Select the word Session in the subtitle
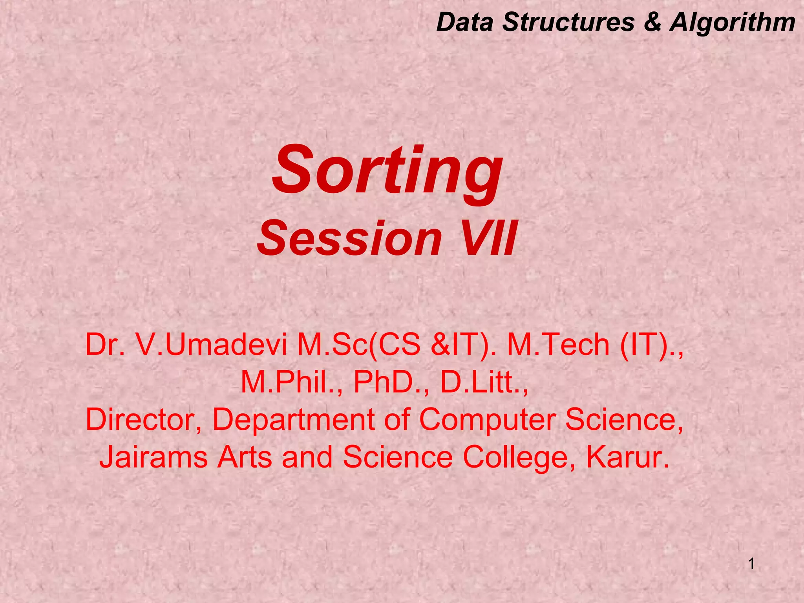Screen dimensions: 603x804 coord(350,239)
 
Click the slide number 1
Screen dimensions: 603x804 coord(751,565)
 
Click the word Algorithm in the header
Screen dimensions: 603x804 coord(733,23)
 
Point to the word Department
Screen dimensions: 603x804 coord(293,420)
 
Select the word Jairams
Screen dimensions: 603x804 coord(153,458)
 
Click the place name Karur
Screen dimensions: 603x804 coord(627,458)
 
